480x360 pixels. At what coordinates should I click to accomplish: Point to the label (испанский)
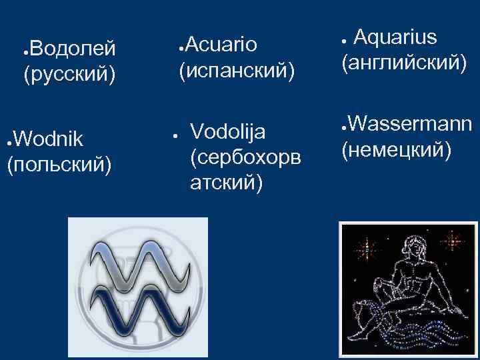click(236, 69)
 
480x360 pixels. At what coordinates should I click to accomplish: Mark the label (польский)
click(59, 163)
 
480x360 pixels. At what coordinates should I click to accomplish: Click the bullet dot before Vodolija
click(172, 134)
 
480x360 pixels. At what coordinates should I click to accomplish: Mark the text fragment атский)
click(225, 181)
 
